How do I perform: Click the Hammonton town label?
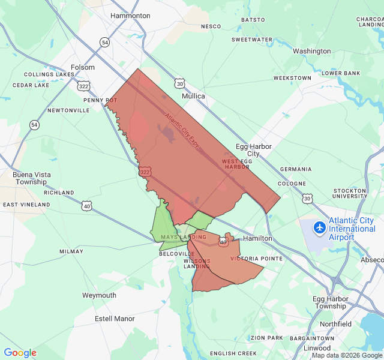[x=130, y=16]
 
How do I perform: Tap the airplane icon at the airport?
[x=320, y=227]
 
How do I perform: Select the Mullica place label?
[x=193, y=96]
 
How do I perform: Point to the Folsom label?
[x=83, y=68]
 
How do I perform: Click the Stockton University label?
[x=350, y=193]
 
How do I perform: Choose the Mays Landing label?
[x=183, y=238]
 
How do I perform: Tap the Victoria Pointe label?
[x=256, y=259]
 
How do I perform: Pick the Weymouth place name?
[x=99, y=295]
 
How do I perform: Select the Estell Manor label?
[x=115, y=319]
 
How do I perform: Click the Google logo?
[x=20, y=353]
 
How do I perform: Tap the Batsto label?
[x=253, y=20]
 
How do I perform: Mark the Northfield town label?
[x=335, y=324]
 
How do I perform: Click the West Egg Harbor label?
[x=236, y=164]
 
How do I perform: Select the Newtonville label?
[x=68, y=110]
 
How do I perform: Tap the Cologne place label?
[x=292, y=184]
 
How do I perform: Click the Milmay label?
[x=71, y=251]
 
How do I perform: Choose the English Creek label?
[x=233, y=353]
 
